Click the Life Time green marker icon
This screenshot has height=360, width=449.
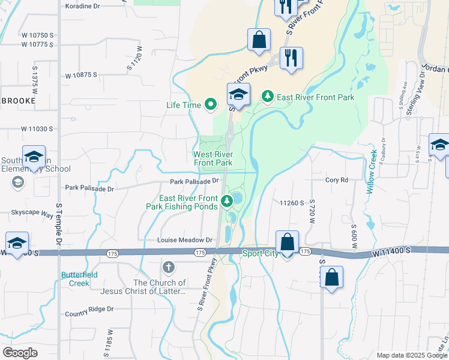tap(210, 105)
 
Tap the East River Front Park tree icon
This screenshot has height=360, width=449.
tap(267, 96)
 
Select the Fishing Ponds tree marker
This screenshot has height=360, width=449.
tap(227, 202)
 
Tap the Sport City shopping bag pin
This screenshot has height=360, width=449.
tap(288, 243)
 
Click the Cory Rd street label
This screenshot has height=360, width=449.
tap(337, 180)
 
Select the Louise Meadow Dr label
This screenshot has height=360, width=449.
tap(185, 240)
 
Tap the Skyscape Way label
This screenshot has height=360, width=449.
tap(28, 212)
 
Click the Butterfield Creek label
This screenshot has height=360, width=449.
tap(75, 279)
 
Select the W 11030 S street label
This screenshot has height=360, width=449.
tap(37, 129)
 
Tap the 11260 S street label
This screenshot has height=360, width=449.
tap(292, 203)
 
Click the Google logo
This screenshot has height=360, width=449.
tap(20, 353)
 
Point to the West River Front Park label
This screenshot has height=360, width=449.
tap(212, 158)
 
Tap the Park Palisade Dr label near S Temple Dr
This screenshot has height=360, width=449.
tap(91, 188)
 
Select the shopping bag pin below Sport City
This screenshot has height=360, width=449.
tap(331, 278)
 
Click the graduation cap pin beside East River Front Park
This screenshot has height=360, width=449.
tap(238, 95)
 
